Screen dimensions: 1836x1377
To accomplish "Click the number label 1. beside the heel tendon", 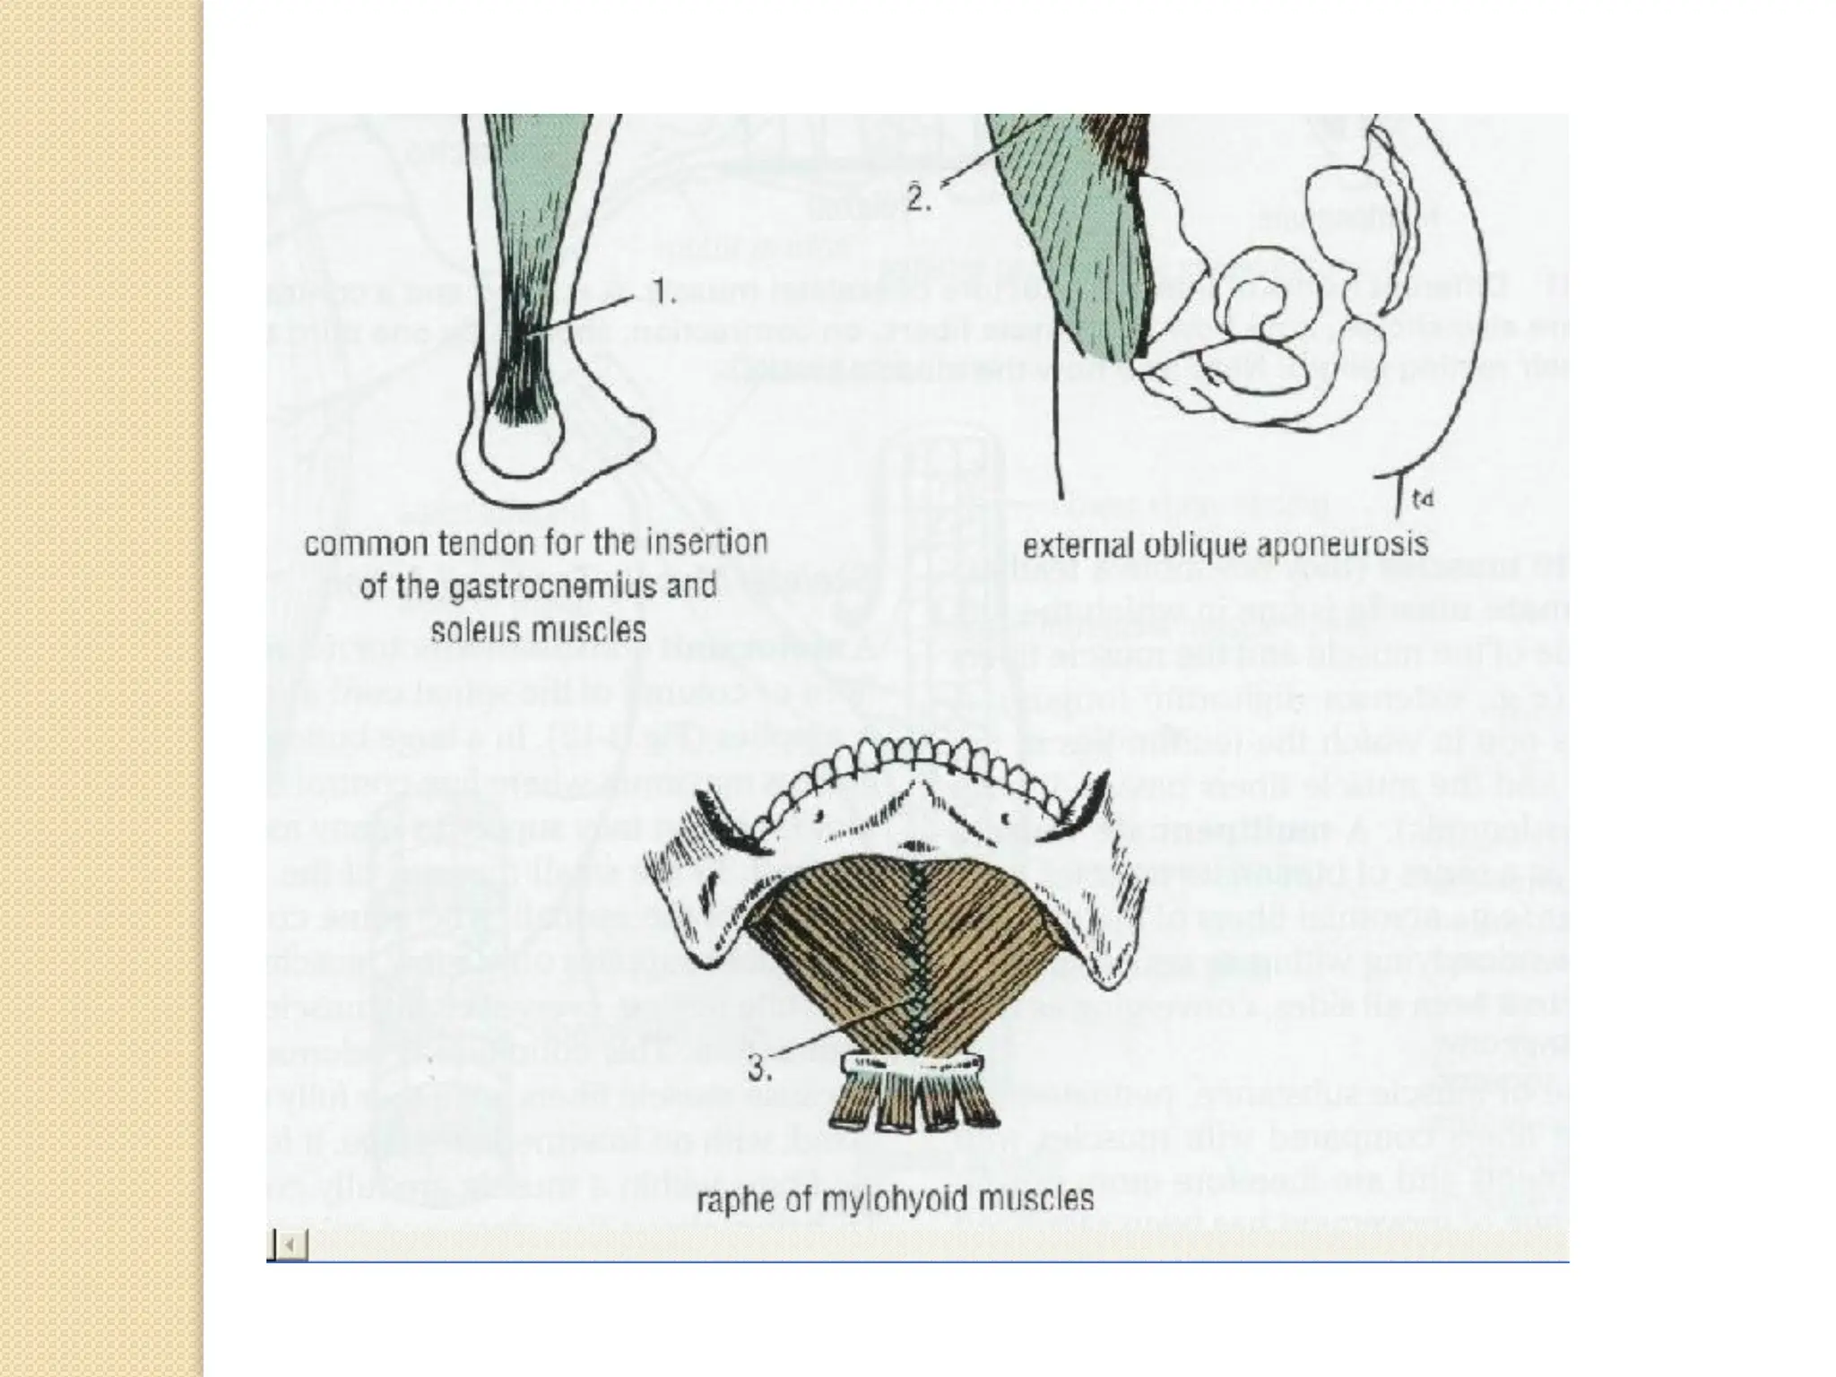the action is point(662,294).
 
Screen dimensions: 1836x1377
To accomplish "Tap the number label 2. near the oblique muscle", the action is point(918,199).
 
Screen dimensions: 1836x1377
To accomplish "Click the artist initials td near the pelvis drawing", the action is point(1422,498).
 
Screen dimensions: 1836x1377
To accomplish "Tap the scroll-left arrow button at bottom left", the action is point(289,1244).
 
